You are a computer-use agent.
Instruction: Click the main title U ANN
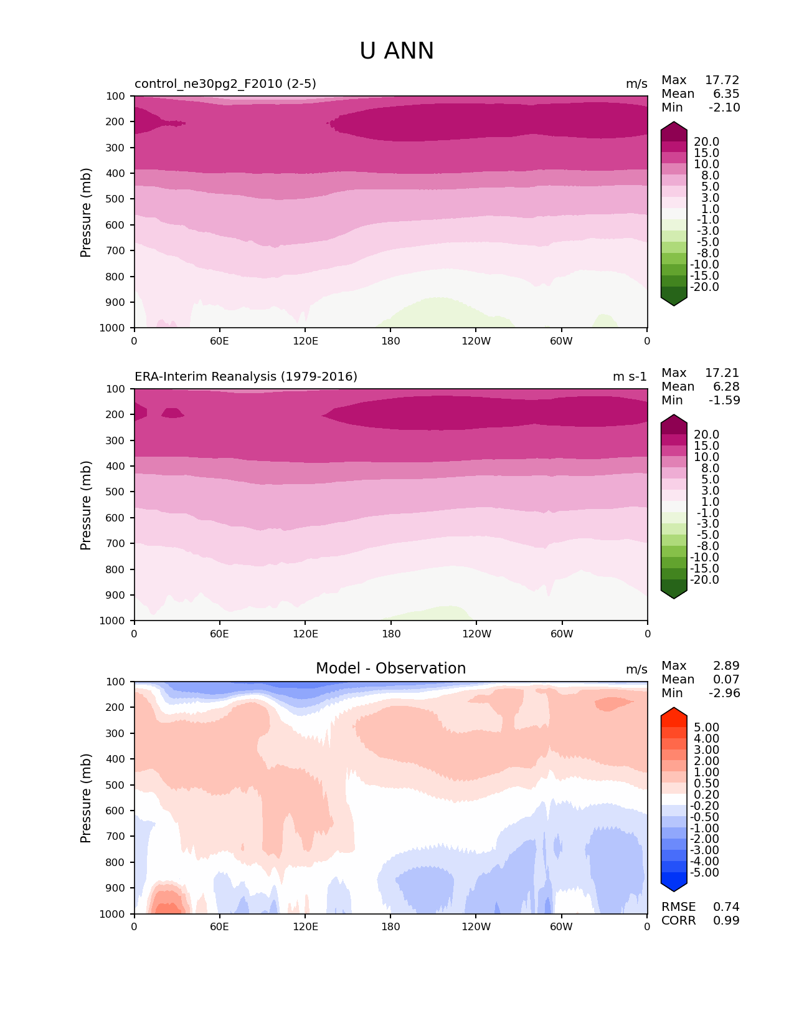click(397, 51)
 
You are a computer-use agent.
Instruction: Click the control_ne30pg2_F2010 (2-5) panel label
click(225, 84)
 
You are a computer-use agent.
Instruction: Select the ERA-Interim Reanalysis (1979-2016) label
click(246, 377)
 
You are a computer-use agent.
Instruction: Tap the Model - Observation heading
click(390, 669)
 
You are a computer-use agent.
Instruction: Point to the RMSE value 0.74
click(726, 907)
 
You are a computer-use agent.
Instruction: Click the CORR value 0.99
click(726, 921)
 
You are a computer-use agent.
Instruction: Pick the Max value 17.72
click(722, 80)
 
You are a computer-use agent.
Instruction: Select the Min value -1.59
click(724, 401)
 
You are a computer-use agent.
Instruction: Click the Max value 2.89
click(726, 666)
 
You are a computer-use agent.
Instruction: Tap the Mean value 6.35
click(726, 94)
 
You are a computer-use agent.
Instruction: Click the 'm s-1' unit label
click(630, 377)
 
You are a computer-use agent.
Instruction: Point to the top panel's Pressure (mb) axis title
click(86, 212)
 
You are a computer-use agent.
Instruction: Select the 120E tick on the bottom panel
click(305, 926)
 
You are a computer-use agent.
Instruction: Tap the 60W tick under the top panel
click(561, 341)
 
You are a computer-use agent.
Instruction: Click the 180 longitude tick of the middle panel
click(391, 634)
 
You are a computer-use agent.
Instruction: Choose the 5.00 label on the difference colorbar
click(706, 728)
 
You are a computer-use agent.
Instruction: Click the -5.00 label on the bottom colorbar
click(705, 873)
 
